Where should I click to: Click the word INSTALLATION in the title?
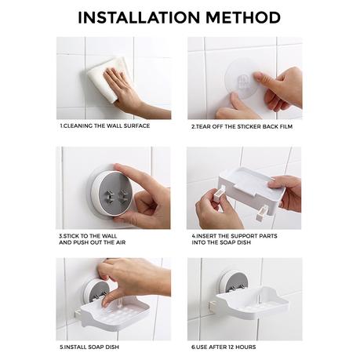tap(139, 18)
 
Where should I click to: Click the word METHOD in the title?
tap(243, 18)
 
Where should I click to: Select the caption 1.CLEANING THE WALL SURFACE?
tap(105, 125)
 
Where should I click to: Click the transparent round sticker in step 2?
tap(242, 78)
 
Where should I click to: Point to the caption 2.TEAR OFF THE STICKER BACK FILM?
tap(242, 127)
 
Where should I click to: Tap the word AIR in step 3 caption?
tap(121, 242)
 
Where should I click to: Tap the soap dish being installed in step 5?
tap(115, 312)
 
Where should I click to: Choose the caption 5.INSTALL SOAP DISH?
tap(89, 347)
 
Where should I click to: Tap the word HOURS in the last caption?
tap(245, 347)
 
